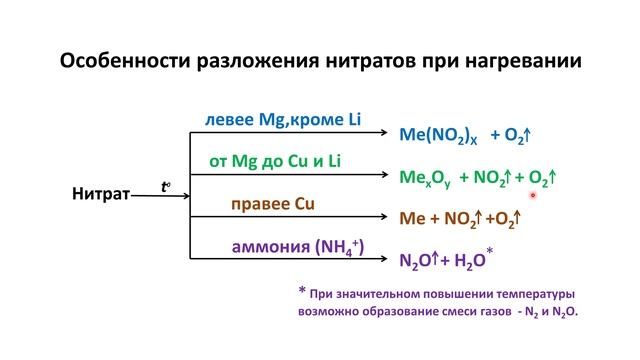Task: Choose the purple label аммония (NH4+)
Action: pos(284,247)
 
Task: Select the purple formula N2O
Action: pos(415,262)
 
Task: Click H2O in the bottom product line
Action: pos(468,262)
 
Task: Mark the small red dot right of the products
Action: pos(534,196)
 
